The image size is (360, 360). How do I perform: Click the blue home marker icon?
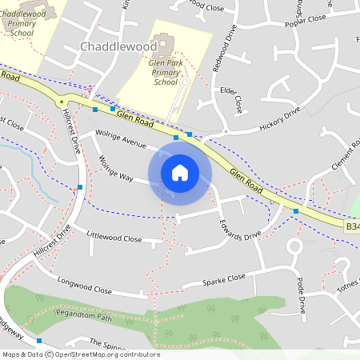180,172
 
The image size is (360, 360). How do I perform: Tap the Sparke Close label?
224,279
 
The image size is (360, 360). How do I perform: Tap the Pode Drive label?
301,294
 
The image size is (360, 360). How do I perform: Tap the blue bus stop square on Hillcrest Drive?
80,187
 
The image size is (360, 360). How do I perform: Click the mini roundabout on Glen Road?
60,102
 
